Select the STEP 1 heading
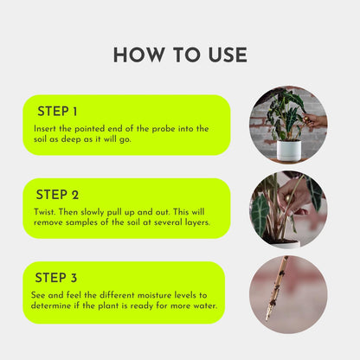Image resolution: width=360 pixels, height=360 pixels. pyautogui.click(x=57, y=112)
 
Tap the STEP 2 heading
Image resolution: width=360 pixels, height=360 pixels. pyautogui.click(x=58, y=195)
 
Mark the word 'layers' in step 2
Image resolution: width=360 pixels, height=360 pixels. pyautogui.click(x=192, y=222)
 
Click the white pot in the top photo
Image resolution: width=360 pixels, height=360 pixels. pyautogui.click(x=287, y=149)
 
